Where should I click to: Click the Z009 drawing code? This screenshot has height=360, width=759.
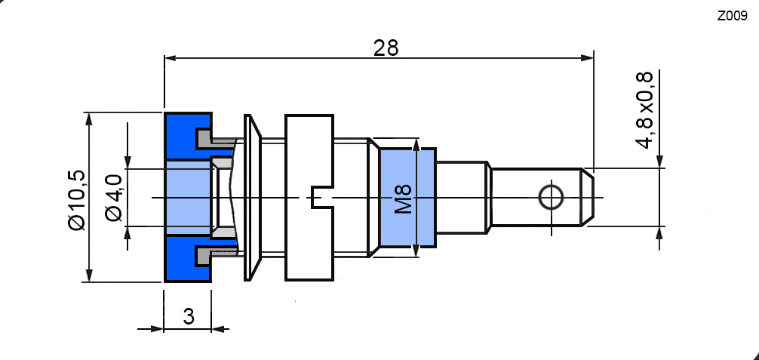click(x=733, y=17)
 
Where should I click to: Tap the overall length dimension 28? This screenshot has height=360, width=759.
click(x=386, y=48)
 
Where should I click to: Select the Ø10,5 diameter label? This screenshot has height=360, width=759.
click(x=77, y=200)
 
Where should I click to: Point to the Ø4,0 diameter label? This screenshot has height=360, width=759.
click(x=114, y=198)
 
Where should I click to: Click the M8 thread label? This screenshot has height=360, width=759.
click(x=403, y=198)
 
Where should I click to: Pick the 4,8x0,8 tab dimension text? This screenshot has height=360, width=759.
click(x=645, y=110)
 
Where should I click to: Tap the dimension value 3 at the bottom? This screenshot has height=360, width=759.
click(x=189, y=316)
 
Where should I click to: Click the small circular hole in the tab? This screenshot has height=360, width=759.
click(x=551, y=198)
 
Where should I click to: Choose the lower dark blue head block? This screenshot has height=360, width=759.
click(x=189, y=258)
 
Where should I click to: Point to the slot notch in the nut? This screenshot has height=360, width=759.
click(x=321, y=198)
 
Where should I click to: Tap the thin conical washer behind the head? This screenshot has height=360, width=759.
click(x=252, y=198)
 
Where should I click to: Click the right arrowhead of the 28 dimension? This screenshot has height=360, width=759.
click(x=587, y=57)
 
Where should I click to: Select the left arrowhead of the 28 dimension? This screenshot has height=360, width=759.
click(x=171, y=57)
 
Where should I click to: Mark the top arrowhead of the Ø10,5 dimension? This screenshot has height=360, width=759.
click(x=88, y=120)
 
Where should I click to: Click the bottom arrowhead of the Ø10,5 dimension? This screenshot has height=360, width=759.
click(x=88, y=275)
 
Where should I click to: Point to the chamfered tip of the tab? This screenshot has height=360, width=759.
click(x=588, y=198)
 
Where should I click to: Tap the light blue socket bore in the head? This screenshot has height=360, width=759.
click(x=189, y=198)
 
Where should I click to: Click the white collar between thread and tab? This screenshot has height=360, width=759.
click(x=461, y=198)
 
